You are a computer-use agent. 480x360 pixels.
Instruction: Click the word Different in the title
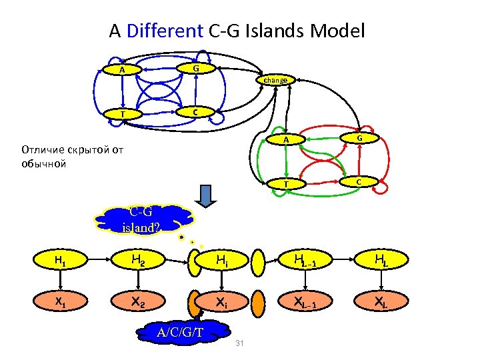click(x=163, y=31)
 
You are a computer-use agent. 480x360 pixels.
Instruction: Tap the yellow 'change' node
click(x=275, y=80)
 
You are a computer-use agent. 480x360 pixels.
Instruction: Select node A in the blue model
click(x=121, y=70)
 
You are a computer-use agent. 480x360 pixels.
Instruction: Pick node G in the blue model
click(x=195, y=68)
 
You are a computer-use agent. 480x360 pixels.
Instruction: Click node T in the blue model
click(x=121, y=114)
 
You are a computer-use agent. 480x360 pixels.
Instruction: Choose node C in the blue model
click(x=195, y=112)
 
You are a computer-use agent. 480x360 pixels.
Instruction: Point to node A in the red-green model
click(x=285, y=140)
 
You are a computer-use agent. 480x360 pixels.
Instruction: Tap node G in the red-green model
click(x=359, y=137)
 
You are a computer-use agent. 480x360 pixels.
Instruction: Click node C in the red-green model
click(x=359, y=181)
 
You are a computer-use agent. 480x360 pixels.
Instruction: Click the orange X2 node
click(x=139, y=301)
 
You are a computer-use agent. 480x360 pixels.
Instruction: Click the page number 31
click(x=241, y=343)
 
